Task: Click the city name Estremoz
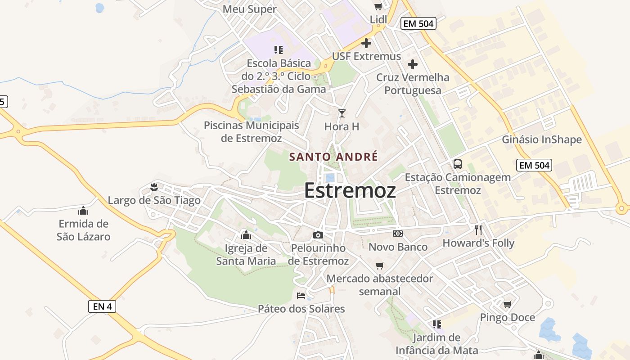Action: pos(350,190)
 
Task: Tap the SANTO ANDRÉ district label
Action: pos(333,157)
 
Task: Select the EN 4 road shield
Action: pos(102,306)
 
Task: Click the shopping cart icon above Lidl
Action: pos(378,6)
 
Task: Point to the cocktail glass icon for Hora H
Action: pos(342,113)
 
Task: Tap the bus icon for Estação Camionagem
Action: pos(458,164)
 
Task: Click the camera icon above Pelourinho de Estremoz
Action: pos(318,235)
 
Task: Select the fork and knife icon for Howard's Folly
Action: pos(478,230)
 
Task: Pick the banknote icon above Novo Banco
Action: pos(398,234)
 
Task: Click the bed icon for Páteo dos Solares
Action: pos(301,296)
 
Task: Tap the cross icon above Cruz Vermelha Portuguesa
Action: pos(413,64)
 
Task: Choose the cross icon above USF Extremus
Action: pos(366,43)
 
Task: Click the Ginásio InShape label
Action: pos(542,139)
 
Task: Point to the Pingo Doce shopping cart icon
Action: pos(508,305)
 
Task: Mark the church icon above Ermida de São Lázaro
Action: pos(83,211)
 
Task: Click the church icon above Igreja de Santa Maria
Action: pos(246,235)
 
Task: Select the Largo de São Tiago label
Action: pos(154,200)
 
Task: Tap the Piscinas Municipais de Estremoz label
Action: pos(251,131)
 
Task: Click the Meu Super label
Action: pos(250,9)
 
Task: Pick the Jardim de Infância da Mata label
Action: pos(436,344)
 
